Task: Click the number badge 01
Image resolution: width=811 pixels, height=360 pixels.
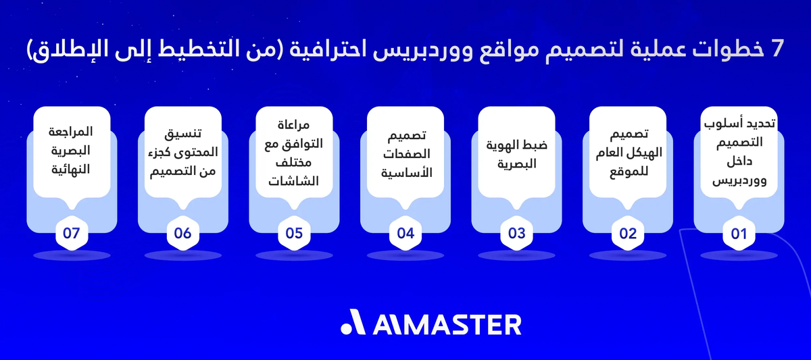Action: pyautogui.click(x=739, y=234)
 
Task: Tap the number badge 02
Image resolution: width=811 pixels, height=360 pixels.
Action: pyautogui.click(x=628, y=234)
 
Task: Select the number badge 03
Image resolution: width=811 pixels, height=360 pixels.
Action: pyautogui.click(x=516, y=234)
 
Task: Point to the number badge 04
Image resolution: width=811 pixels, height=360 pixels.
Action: pyautogui.click(x=405, y=234)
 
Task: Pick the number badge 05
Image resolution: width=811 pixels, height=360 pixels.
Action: pyautogui.click(x=294, y=234)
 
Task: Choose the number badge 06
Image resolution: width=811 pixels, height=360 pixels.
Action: pyautogui.click(x=182, y=234)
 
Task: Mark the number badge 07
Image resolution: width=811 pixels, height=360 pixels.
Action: pyautogui.click(x=72, y=234)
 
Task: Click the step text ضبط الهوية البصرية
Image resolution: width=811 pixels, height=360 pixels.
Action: pyautogui.click(x=516, y=153)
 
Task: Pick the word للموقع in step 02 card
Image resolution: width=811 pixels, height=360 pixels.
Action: pyautogui.click(x=629, y=172)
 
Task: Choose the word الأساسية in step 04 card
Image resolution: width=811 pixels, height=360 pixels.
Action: pyautogui.click(x=405, y=172)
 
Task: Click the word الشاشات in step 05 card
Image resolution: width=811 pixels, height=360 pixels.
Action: pyautogui.click(x=293, y=181)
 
